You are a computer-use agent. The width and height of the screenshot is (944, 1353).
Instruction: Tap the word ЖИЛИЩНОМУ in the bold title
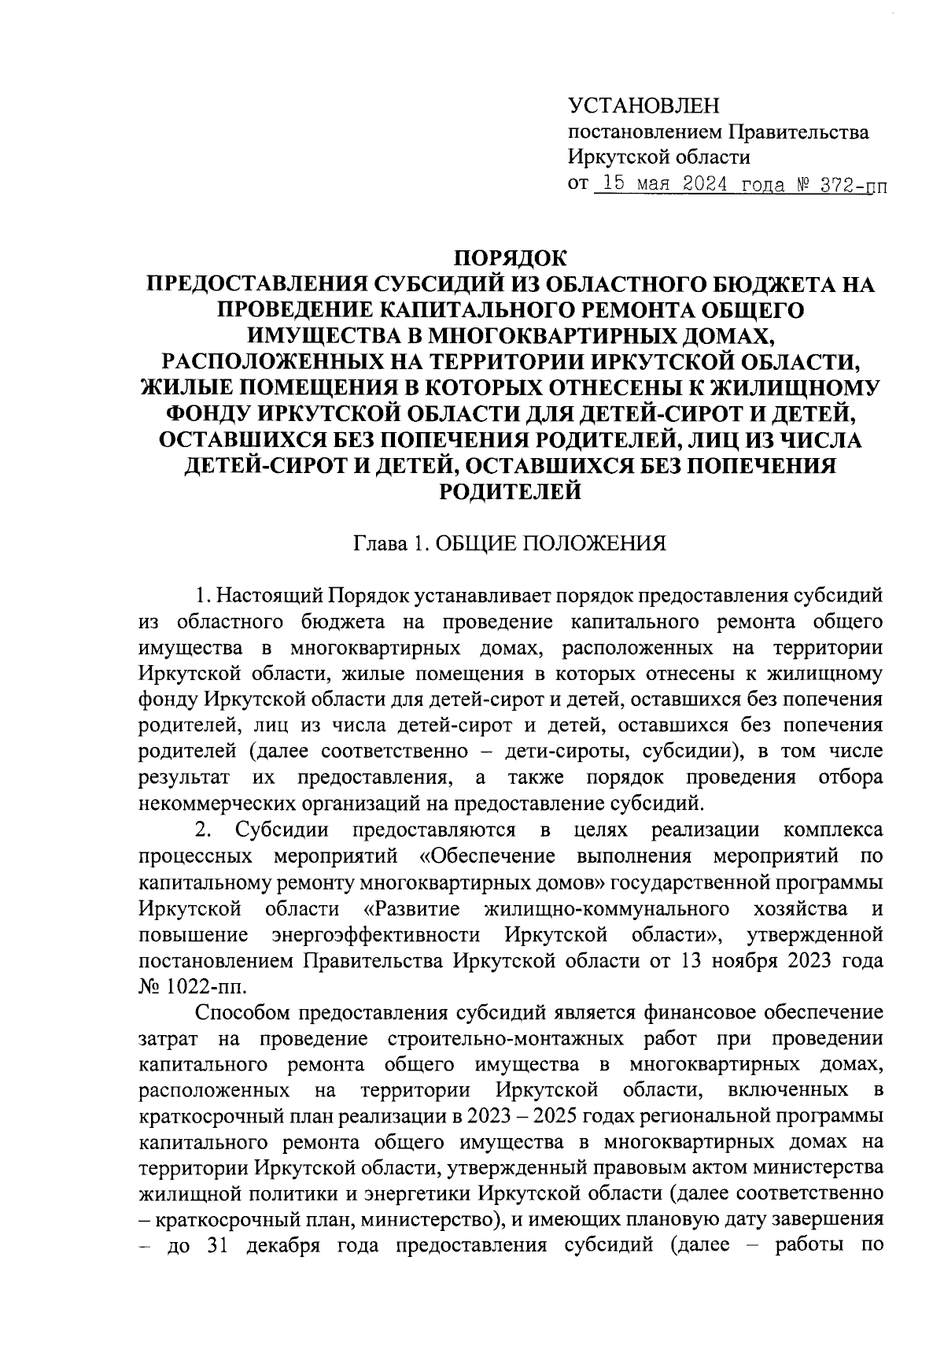pos(795,387)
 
